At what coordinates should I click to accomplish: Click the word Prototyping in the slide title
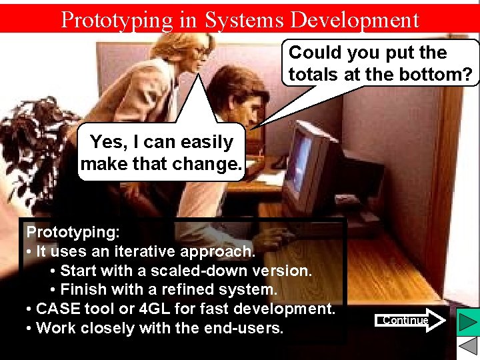click(116, 20)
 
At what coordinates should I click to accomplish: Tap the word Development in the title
click(353, 20)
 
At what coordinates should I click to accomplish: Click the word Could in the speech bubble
click(315, 53)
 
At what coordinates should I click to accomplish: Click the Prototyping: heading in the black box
click(73, 233)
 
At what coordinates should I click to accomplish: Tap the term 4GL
click(167, 309)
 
